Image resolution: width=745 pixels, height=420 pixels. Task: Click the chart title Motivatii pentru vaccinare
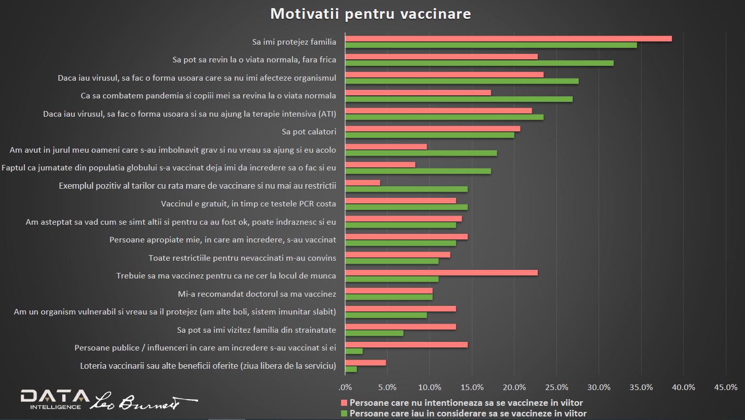click(x=370, y=14)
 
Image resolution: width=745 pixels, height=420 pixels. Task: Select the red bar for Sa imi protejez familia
click(x=508, y=39)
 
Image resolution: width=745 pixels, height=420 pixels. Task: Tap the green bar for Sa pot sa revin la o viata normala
click(x=479, y=63)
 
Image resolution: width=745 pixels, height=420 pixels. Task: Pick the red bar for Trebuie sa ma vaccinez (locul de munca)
click(x=441, y=273)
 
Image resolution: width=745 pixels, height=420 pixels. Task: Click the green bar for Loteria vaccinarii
click(x=351, y=369)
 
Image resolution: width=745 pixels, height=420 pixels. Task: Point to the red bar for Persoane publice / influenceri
click(x=406, y=345)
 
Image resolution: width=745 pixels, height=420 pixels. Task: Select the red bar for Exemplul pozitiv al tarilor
click(x=362, y=183)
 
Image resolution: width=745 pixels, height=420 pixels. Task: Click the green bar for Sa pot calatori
click(x=429, y=135)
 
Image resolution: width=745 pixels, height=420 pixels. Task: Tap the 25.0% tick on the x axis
click(x=556, y=388)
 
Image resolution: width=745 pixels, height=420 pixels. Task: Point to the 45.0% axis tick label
click(x=725, y=388)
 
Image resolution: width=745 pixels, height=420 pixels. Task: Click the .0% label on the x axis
click(x=345, y=388)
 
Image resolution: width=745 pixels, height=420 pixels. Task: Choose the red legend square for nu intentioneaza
click(x=344, y=403)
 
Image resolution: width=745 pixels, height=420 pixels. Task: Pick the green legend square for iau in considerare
click(x=344, y=414)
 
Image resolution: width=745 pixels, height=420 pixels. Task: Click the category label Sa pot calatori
click(x=309, y=132)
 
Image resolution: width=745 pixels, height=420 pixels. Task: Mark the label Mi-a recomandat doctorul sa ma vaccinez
click(x=257, y=294)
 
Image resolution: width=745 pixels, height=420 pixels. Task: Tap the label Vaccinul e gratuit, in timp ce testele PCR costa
click(x=248, y=204)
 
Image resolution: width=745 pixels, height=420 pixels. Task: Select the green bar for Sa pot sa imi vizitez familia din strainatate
click(x=374, y=333)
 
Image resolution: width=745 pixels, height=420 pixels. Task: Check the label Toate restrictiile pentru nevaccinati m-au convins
click(x=242, y=258)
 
